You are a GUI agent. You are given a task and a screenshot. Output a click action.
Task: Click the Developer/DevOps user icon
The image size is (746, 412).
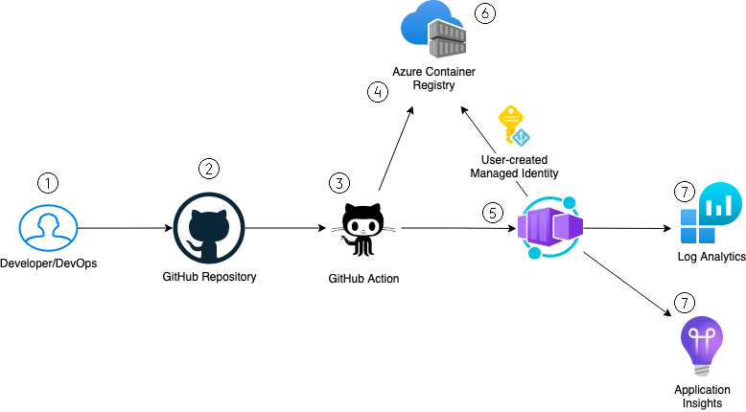point(47,228)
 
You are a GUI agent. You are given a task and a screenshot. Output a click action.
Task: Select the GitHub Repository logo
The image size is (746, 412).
point(209,229)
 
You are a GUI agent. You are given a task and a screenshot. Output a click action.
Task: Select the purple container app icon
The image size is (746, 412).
point(549,228)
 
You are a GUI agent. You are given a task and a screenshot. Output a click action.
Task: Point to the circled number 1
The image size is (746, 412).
point(47,180)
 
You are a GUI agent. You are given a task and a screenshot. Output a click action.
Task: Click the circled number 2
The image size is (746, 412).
point(209,168)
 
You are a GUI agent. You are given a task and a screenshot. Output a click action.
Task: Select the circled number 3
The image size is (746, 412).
point(338,182)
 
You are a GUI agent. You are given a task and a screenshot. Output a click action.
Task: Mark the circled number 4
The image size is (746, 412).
point(378,93)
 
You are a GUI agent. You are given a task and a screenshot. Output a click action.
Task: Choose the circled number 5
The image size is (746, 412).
point(493,213)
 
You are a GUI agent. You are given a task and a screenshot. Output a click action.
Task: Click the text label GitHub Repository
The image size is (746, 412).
point(209,277)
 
